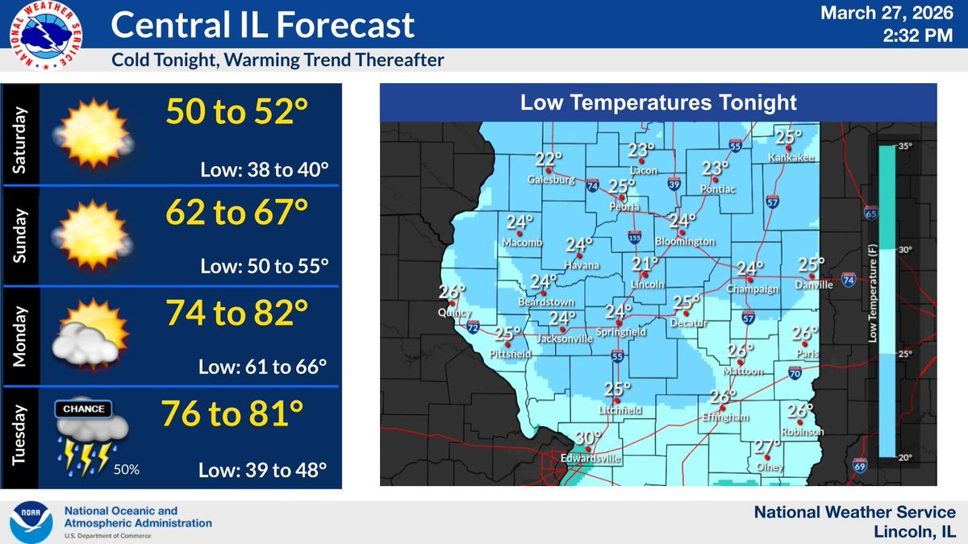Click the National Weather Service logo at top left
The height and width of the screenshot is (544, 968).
[x=48, y=37]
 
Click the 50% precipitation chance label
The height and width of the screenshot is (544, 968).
[x=126, y=469]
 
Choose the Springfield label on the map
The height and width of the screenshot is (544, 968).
[x=618, y=331]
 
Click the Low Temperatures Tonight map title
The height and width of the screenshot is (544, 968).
[x=658, y=103]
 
